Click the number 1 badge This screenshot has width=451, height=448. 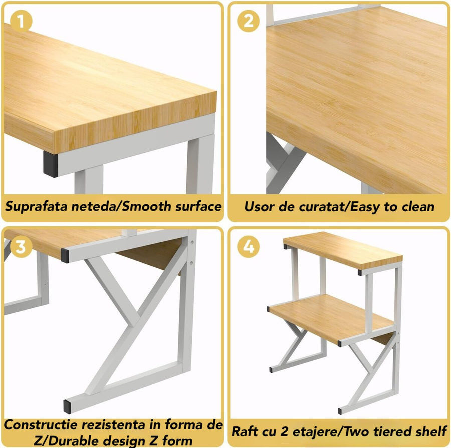(x=21, y=21)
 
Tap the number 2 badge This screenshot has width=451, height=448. (x=248, y=21)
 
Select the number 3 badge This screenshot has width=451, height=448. (x=21, y=247)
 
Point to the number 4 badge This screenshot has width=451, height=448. (x=248, y=247)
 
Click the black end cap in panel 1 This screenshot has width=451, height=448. (x=50, y=164)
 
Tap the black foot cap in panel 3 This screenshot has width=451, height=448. (x=67, y=406)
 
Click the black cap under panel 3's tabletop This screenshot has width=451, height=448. (x=65, y=256)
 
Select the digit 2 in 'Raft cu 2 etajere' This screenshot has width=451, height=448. (x=284, y=431)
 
